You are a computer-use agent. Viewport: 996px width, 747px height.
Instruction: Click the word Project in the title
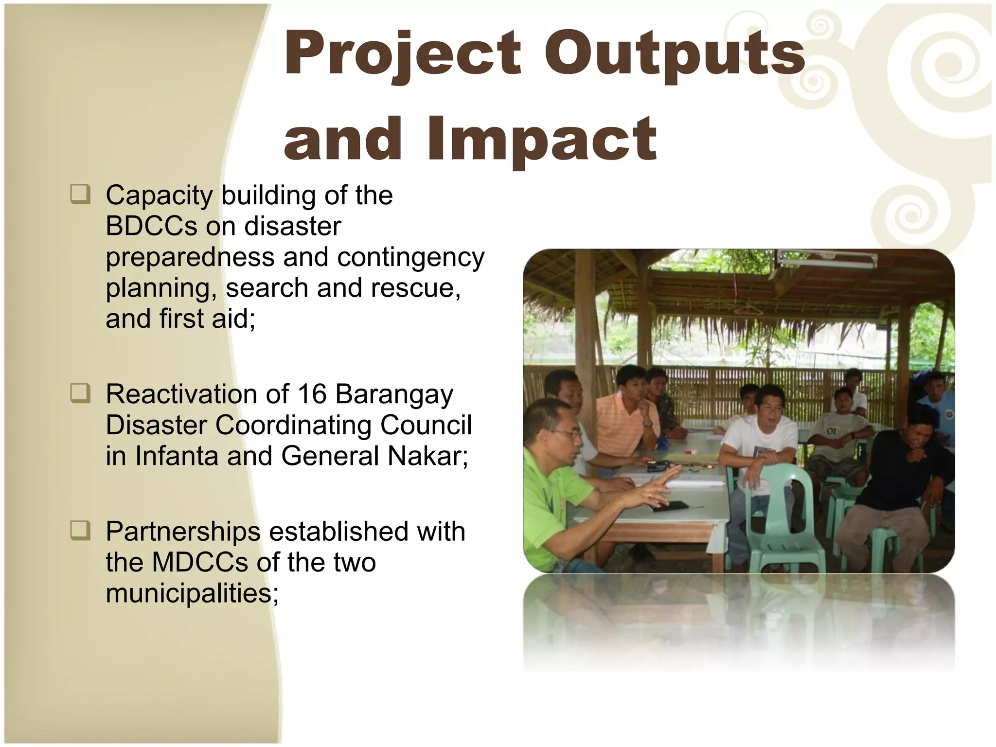[403, 53]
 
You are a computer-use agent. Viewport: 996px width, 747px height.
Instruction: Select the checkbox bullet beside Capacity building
[80, 195]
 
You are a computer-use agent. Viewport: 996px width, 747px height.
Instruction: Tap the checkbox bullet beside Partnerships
[80, 530]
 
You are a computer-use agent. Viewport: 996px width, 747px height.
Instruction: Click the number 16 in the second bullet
[311, 394]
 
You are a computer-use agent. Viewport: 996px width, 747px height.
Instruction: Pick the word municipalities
[192, 593]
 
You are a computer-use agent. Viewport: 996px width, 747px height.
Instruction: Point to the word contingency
[411, 257]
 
